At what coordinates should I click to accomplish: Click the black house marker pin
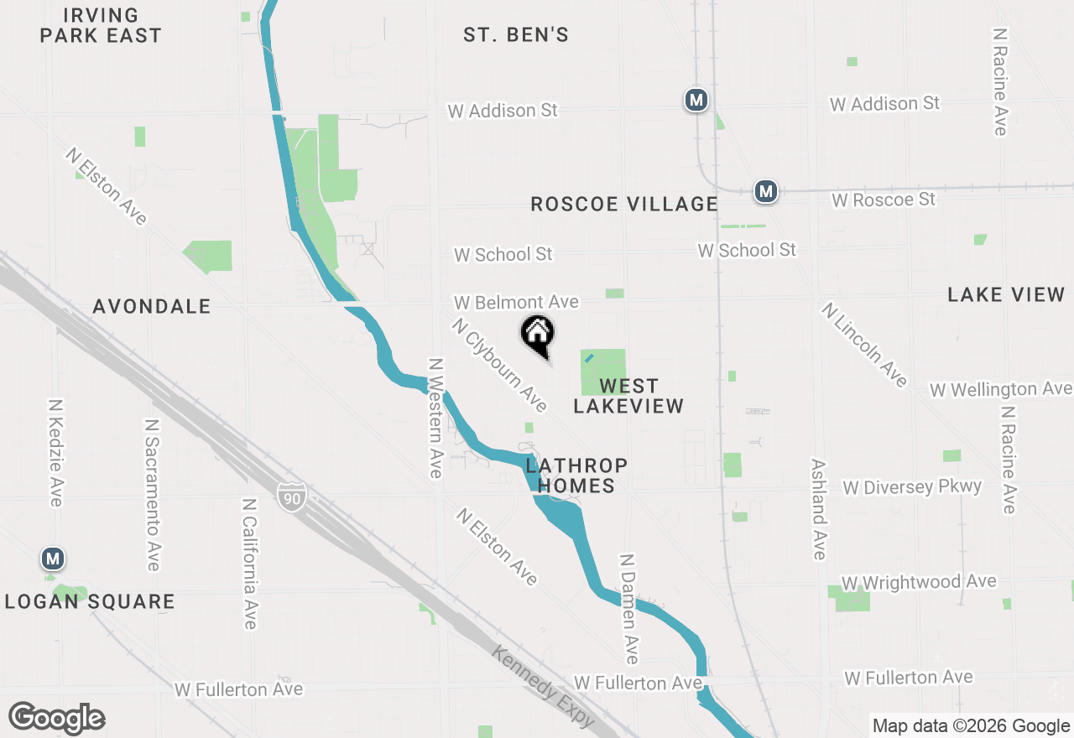[538, 335]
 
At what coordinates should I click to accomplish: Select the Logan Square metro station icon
[54, 558]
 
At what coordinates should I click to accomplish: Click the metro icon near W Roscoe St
[765, 191]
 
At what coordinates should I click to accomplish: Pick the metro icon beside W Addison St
[696, 101]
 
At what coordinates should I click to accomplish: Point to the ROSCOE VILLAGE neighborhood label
[624, 204]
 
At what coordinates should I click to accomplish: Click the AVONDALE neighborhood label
[152, 307]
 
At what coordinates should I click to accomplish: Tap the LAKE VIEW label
[1006, 294]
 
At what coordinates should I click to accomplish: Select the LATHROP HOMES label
[576, 476]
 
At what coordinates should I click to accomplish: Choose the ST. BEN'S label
[516, 34]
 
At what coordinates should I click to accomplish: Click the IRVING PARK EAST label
[101, 25]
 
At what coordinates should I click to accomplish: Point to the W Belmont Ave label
[516, 302]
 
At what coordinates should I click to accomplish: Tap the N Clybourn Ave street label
[499, 365]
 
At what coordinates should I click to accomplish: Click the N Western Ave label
[435, 418]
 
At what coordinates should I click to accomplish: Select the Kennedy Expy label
[543, 688]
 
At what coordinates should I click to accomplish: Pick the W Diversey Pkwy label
[912, 487]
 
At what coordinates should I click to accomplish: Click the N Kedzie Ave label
[55, 452]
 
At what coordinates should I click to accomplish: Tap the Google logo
[57, 718]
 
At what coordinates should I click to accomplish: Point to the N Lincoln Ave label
[865, 345]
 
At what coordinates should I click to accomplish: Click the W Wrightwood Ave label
[919, 582]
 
